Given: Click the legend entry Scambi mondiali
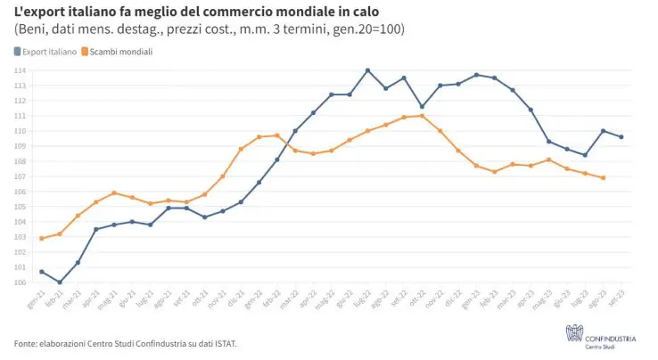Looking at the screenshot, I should coord(120,52).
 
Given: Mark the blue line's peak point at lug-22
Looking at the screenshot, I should coord(367,70).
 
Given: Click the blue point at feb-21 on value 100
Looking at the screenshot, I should coord(60,282).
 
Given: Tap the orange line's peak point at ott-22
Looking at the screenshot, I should coord(422,116).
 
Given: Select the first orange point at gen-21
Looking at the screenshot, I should coord(42,238).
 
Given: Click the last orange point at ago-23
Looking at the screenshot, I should coord(604,177).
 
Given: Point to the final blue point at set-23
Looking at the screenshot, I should coord(621,136).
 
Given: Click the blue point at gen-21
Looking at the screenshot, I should coord(42,272).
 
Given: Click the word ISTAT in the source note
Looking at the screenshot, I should coord(224,343).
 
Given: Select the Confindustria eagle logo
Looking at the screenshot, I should coord(573,332).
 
